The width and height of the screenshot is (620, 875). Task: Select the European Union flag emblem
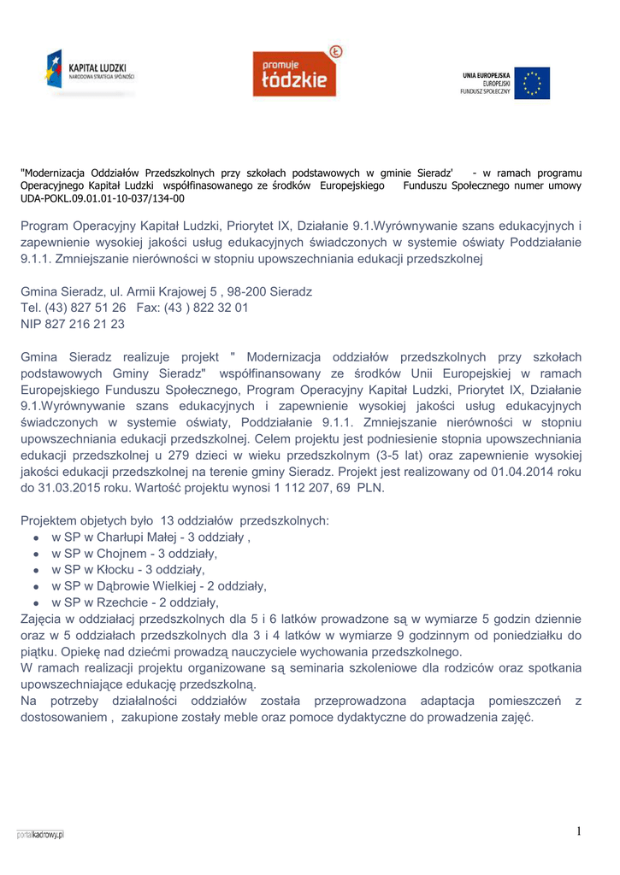[x=532, y=83]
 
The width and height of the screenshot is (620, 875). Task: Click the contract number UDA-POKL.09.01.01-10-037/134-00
[x=102, y=198]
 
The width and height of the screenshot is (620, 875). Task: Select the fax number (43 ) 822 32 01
[x=211, y=308]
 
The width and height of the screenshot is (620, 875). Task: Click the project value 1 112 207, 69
[x=312, y=488]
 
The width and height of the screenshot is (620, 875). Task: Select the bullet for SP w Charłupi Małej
[x=35, y=538]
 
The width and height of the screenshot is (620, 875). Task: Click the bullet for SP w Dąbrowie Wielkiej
[x=35, y=586]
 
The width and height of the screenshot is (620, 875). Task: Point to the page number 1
[x=579, y=831]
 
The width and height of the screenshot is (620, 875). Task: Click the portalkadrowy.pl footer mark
[x=40, y=834]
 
